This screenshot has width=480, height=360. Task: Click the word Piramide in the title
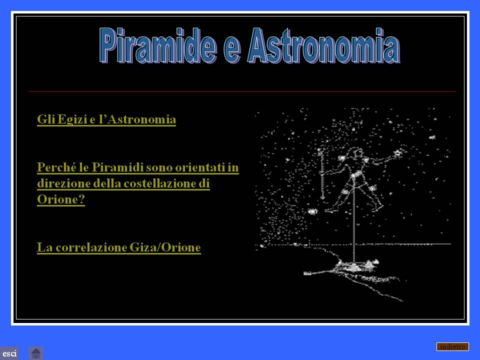(158, 45)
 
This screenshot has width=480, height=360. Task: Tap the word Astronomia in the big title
(324, 45)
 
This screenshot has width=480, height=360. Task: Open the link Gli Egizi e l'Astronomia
(106, 119)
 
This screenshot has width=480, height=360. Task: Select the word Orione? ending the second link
(61, 199)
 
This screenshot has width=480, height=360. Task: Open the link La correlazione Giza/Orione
(119, 247)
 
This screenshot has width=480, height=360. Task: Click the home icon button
(36, 353)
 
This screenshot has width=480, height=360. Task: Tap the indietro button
(452, 346)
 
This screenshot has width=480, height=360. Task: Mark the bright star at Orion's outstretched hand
(398, 152)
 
